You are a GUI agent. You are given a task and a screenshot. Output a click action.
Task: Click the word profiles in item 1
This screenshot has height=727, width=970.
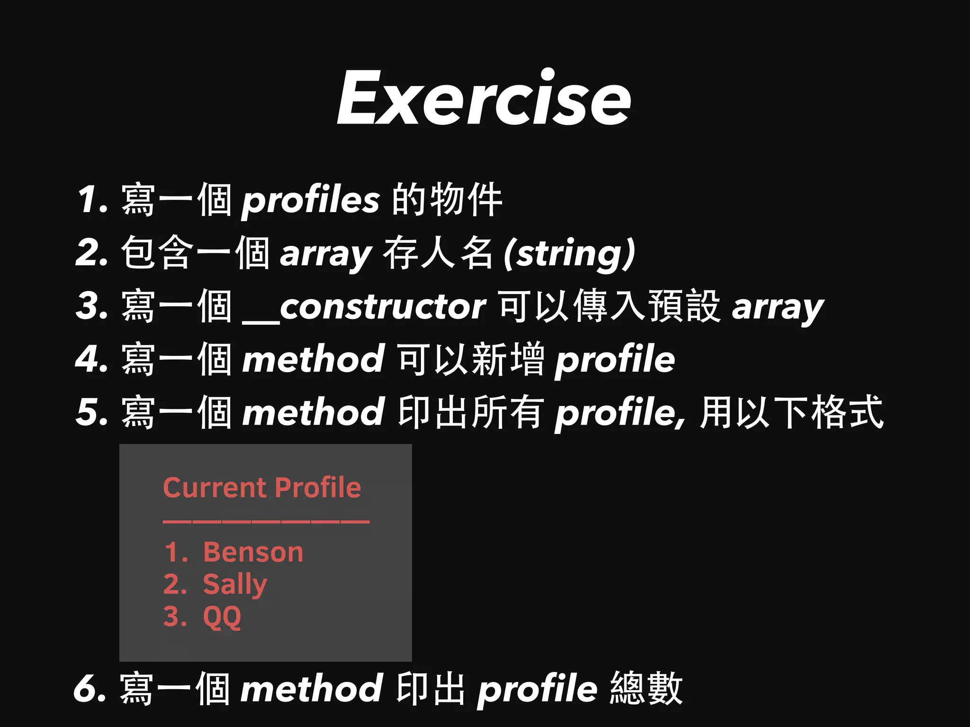tap(311, 200)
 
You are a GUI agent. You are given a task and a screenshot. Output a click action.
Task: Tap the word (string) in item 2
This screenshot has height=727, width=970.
tap(569, 254)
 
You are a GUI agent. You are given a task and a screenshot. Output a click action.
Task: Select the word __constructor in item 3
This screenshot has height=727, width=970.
tap(364, 307)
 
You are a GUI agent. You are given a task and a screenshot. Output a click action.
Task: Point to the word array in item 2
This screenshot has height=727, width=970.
tap(326, 255)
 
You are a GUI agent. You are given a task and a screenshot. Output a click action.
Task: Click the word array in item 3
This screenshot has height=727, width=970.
tap(778, 308)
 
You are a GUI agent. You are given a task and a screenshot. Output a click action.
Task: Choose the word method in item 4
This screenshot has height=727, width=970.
tap(313, 359)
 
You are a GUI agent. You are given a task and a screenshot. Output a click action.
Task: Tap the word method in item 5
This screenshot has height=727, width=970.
tap(313, 412)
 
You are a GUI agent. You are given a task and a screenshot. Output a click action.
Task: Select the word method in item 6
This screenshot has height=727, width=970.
tap(311, 689)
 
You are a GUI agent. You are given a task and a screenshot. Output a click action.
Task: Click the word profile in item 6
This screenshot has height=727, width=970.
tap(537, 690)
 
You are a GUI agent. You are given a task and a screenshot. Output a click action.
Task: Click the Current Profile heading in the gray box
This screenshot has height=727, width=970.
tap(262, 488)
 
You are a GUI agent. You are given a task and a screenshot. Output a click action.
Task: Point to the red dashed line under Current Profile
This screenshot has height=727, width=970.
tap(266, 522)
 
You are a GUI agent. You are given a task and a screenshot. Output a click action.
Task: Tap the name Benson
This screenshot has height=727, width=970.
tap(253, 552)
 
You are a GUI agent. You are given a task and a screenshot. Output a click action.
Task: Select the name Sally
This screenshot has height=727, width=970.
tap(235, 585)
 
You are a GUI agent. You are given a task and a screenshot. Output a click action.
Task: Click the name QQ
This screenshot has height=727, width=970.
tap(222, 617)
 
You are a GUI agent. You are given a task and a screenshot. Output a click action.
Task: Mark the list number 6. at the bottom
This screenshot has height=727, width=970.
tap(90, 689)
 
